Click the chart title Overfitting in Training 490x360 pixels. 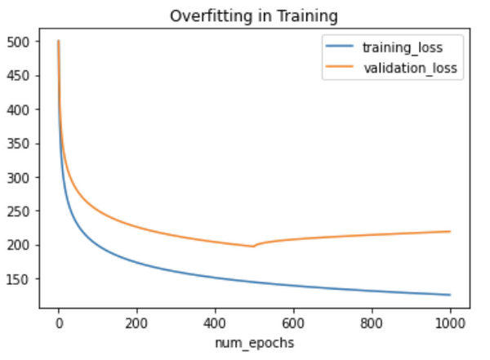(255, 16)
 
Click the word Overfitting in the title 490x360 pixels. (206, 16)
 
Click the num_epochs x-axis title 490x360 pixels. (255, 344)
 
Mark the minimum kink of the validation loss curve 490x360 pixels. (253, 246)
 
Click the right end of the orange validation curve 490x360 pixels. (450, 231)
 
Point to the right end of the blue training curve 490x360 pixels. (450, 295)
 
